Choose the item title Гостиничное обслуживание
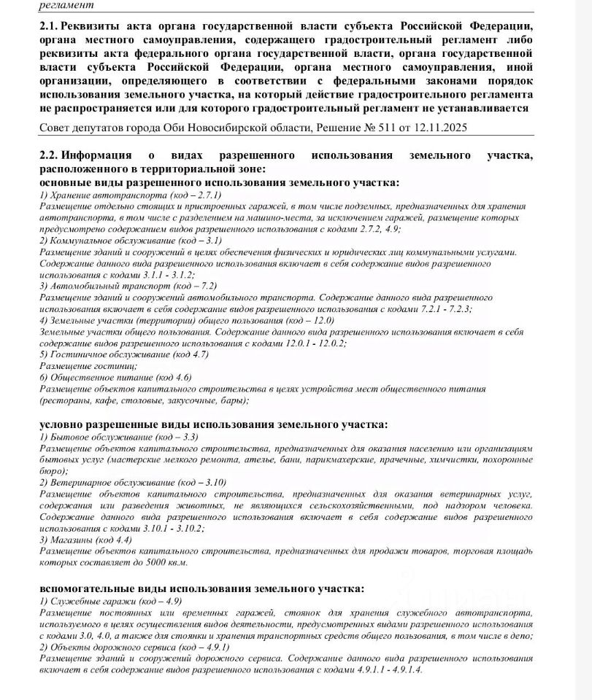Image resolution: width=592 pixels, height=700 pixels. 107,354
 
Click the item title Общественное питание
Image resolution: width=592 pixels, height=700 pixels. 99,378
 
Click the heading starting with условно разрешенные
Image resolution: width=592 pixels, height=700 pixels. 213,424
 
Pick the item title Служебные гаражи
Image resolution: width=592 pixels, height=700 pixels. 87,601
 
